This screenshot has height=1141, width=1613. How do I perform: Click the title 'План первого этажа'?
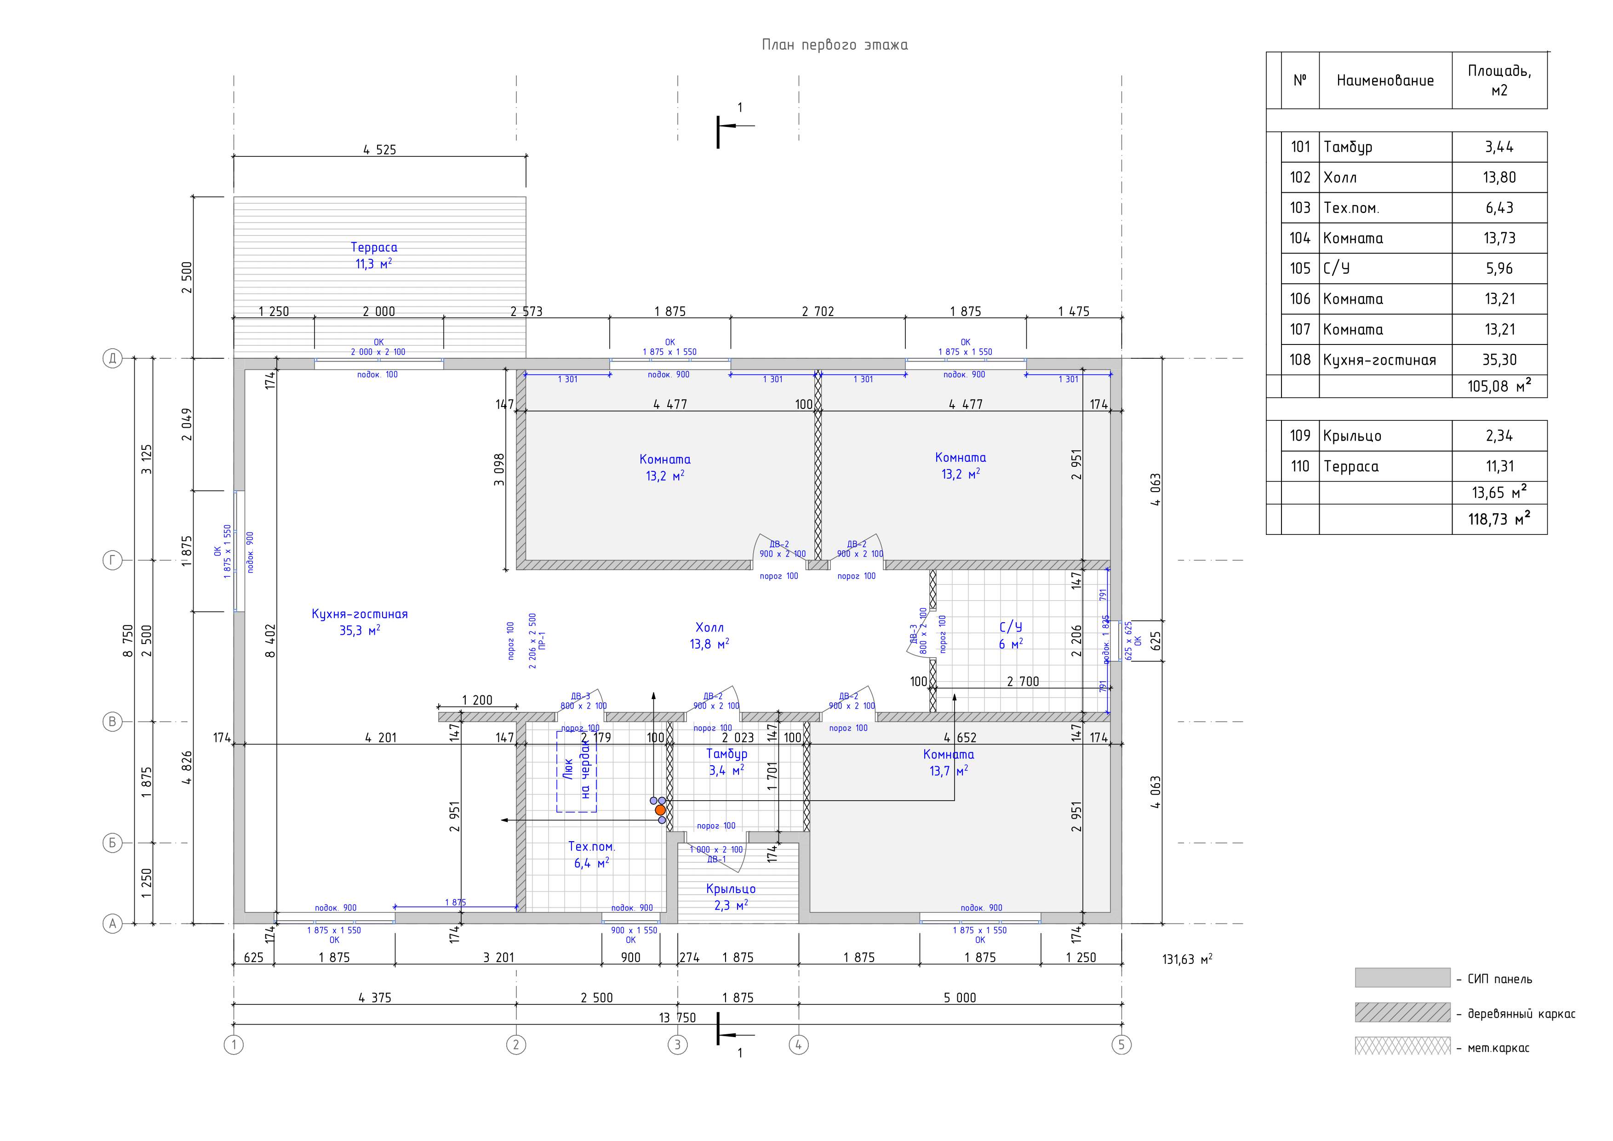point(835,45)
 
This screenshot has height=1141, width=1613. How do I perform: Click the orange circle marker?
point(660,810)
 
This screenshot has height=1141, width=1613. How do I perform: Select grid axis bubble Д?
point(112,358)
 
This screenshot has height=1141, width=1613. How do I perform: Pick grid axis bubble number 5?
point(1121,1045)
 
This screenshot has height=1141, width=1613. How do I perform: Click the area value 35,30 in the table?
point(1499,360)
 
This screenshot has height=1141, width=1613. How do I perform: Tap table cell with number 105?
point(1300,269)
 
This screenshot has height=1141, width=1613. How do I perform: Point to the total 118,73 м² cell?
point(1499,519)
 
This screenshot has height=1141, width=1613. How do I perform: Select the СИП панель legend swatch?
point(1402,977)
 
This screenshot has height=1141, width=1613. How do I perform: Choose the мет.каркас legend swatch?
point(1402,1047)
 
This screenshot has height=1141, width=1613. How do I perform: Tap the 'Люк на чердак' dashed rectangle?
point(577,771)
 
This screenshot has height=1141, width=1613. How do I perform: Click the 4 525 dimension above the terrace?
point(379,149)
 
